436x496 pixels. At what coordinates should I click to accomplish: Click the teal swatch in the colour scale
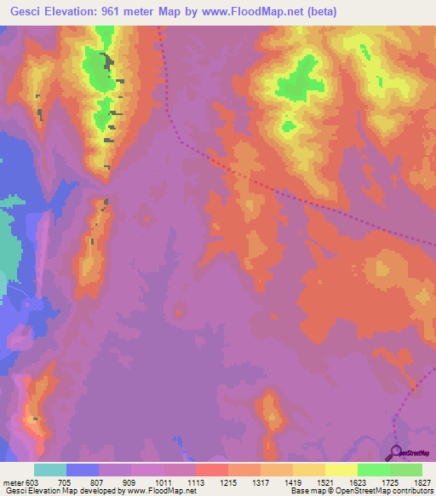(x=50, y=470)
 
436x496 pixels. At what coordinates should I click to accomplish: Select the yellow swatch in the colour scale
(x=341, y=470)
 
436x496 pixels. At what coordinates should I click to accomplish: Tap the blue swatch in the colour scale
(x=83, y=470)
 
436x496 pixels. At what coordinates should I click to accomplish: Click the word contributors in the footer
(x=413, y=492)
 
